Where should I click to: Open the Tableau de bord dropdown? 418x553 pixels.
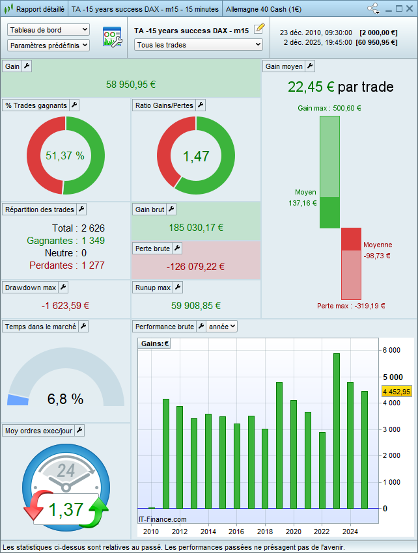[48, 30]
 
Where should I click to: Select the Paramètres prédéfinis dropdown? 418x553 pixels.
[48, 45]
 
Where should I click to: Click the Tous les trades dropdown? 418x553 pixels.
[198, 45]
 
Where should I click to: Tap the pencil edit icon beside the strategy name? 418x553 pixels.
[259, 28]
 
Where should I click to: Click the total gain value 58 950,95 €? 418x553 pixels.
[131, 85]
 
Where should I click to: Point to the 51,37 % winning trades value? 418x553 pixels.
[65, 155]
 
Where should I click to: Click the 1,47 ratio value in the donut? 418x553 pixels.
[196, 155]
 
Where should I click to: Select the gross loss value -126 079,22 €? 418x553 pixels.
[195, 267]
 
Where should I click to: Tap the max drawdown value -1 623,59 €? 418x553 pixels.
[65, 305]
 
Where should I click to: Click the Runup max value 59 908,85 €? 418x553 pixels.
[196, 305]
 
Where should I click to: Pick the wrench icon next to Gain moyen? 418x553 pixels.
[310, 66]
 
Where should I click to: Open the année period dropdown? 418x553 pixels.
[221, 327]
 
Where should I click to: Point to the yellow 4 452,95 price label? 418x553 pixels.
[396, 392]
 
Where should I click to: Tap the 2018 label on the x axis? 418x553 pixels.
[264, 532]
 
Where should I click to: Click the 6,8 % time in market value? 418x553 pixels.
[65, 399]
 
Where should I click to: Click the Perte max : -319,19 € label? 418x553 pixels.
[351, 306]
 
